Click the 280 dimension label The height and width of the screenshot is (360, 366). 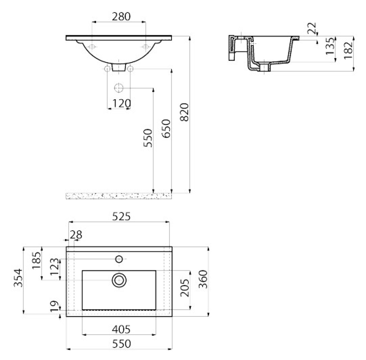[x=121, y=16]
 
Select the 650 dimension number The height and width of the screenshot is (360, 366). [x=167, y=129]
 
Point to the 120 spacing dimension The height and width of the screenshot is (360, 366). [x=122, y=103]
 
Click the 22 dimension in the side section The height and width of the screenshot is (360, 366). [x=312, y=28]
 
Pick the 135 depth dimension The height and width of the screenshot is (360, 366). [x=330, y=46]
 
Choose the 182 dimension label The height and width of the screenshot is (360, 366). [x=348, y=50]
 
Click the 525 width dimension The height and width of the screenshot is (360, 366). [x=122, y=216]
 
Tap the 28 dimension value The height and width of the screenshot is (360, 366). [x=76, y=235]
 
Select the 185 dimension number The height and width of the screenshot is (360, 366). [x=36, y=260]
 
